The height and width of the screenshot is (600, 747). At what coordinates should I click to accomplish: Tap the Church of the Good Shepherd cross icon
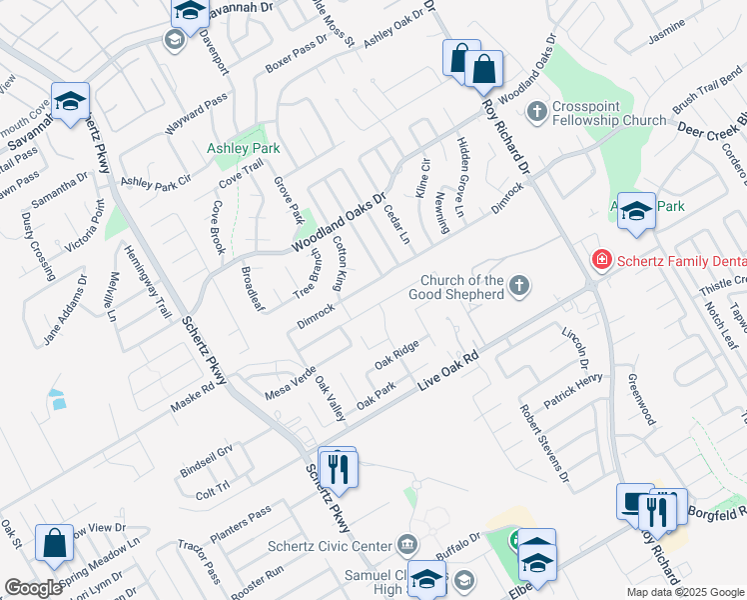pos(518,287)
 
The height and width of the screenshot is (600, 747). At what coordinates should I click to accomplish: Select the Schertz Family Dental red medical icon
pos(602,261)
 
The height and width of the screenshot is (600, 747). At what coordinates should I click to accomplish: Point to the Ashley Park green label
pos(243,148)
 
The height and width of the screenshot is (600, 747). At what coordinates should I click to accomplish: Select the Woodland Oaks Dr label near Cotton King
pos(338,223)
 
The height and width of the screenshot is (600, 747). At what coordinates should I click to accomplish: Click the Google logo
pos(33,587)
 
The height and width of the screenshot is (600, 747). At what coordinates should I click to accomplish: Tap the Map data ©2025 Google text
pos(684,592)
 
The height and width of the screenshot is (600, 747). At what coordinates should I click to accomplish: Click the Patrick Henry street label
pos(573,390)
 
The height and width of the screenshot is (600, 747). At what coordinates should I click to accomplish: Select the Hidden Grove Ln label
pos(459,178)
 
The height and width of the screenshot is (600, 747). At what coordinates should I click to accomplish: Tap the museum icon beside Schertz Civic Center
pos(408,545)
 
